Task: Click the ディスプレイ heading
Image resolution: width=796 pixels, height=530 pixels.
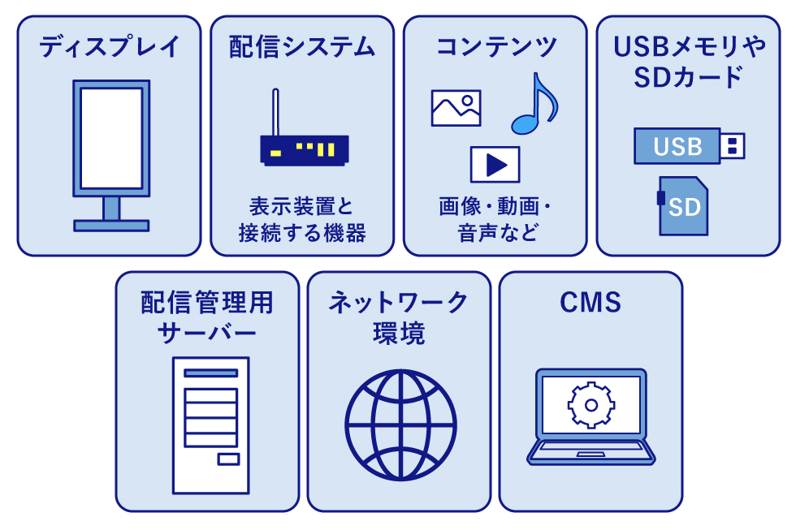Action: [x=109, y=47]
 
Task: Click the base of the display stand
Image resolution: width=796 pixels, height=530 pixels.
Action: [x=111, y=225]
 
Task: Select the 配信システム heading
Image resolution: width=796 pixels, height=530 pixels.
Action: [x=302, y=47]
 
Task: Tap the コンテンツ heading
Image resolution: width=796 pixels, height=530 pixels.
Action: [x=495, y=47]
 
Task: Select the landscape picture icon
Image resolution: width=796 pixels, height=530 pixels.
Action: [x=456, y=108]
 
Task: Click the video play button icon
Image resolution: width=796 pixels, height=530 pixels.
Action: [x=495, y=164]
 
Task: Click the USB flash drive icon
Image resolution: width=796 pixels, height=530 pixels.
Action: [x=688, y=146]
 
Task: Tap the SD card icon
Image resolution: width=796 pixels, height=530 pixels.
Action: [x=682, y=206]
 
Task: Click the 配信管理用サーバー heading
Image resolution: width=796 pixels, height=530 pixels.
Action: [x=207, y=318]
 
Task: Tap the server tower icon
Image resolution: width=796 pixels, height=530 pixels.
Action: [x=210, y=424]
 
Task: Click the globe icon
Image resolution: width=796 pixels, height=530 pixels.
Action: [x=400, y=424]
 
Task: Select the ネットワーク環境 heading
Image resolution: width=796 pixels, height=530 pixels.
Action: [x=399, y=318]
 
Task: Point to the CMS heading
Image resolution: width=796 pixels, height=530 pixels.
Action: [x=591, y=304]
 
